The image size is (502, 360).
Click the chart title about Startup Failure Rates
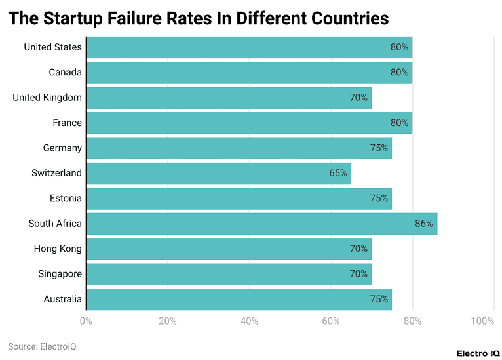198,18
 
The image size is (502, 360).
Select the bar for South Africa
261,224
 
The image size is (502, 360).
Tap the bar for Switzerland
218,173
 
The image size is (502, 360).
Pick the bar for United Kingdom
228,98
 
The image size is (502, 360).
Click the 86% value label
423,224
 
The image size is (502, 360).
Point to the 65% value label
338,173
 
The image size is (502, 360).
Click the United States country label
52,47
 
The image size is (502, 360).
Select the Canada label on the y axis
65,72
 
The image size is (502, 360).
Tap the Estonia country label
66,198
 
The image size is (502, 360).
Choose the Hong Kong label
58,249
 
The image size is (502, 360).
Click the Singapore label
60,273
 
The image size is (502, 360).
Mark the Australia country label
62,299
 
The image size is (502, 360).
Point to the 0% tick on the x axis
86,321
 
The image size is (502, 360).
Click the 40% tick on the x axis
249,321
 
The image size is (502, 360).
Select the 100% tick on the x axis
482,321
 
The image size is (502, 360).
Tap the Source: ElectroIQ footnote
42,346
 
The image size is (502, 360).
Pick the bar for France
249,123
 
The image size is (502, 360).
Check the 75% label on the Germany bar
378,148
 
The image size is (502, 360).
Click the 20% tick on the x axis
168,321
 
